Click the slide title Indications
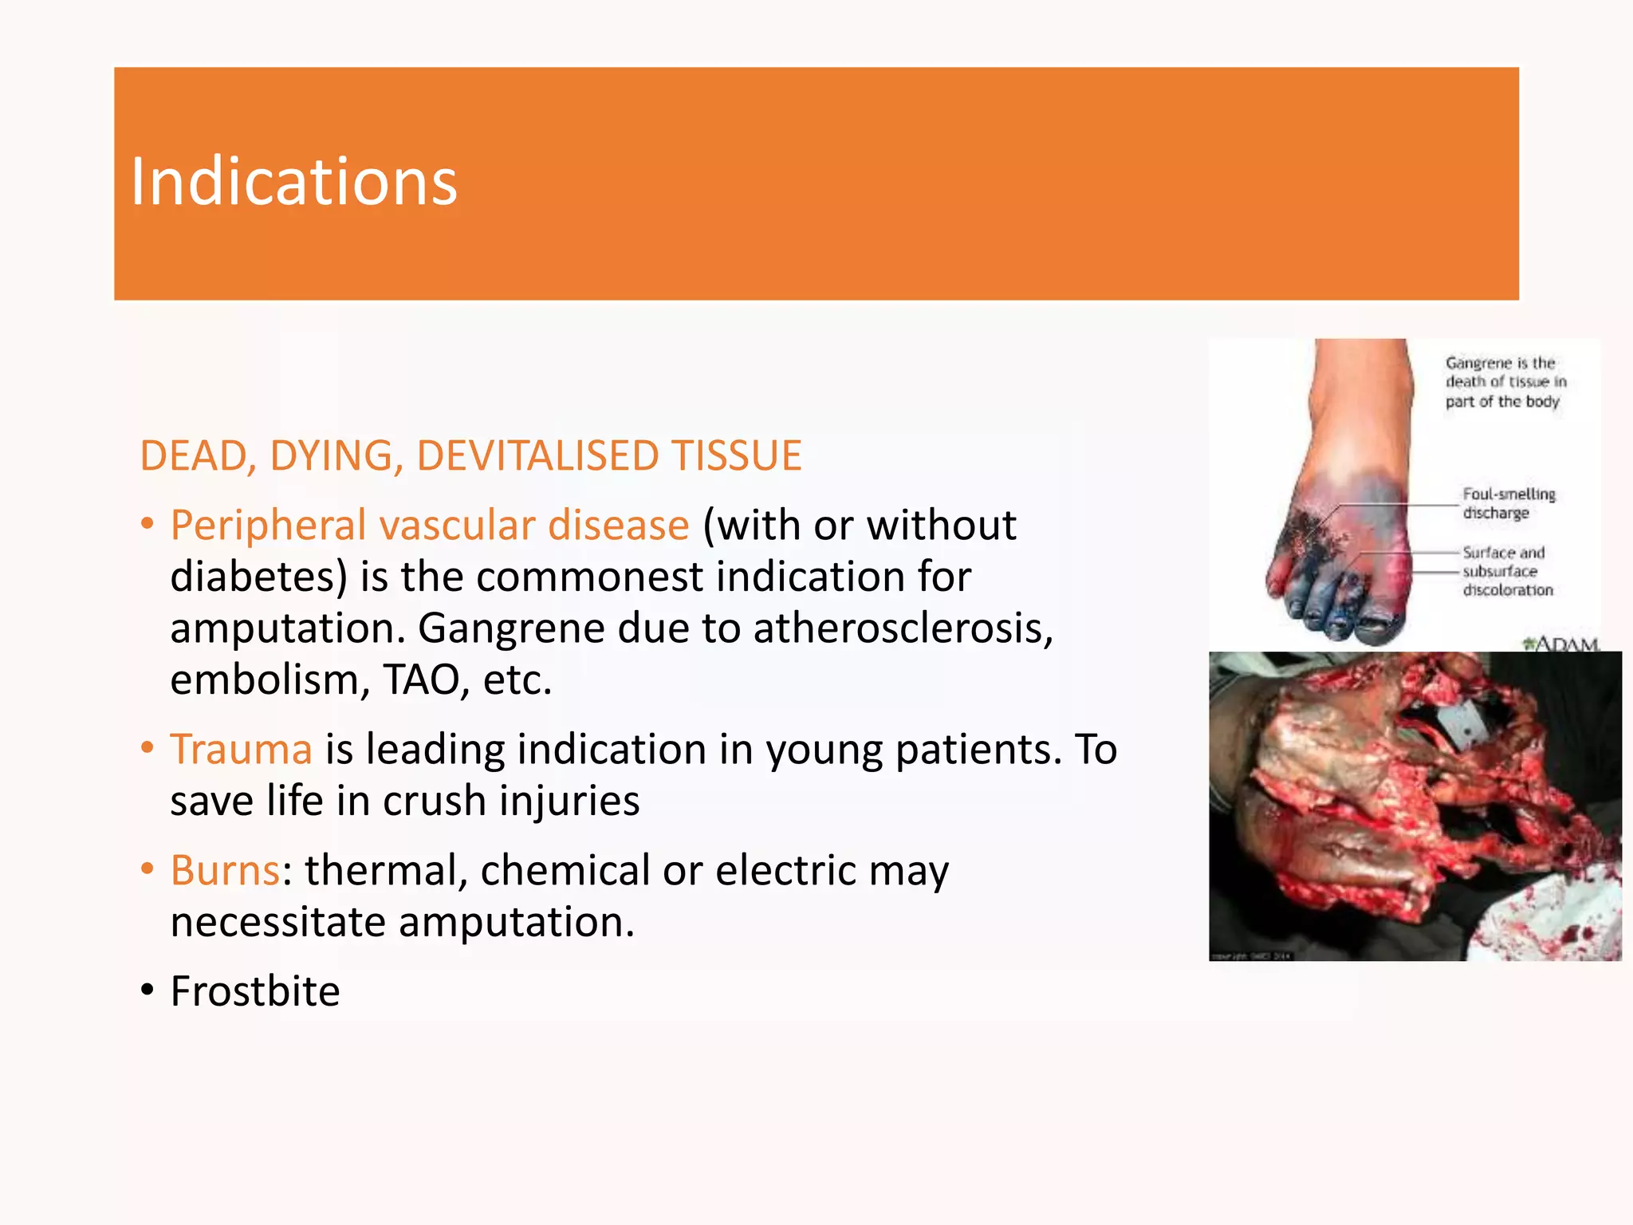(293, 182)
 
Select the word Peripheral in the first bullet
(267, 526)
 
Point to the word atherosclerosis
(903, 628)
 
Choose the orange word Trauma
(241, 750)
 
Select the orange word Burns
(225, 870)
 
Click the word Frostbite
(255, 991)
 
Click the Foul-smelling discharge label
(1508, 503)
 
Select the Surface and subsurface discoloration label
(1507, 571)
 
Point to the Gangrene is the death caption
(1505, 382)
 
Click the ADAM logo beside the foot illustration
(1561, 642)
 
